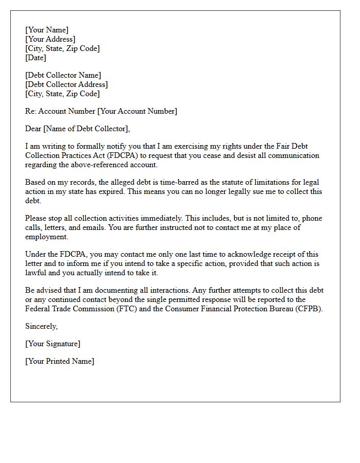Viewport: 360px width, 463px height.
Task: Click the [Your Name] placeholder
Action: point(47,30)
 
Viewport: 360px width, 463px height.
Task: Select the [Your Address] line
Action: point(50,39)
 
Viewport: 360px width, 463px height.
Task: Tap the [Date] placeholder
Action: point(35,58)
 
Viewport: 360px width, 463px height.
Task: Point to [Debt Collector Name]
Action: point(63,75)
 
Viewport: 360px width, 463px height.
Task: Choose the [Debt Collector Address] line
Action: point(67,84)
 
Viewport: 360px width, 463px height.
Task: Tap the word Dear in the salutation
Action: point(33,129)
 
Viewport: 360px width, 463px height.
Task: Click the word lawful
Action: point(37,273)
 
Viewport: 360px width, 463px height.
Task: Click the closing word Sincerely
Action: point(41,326)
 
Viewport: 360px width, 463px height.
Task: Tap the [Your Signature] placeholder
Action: point(52,344)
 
